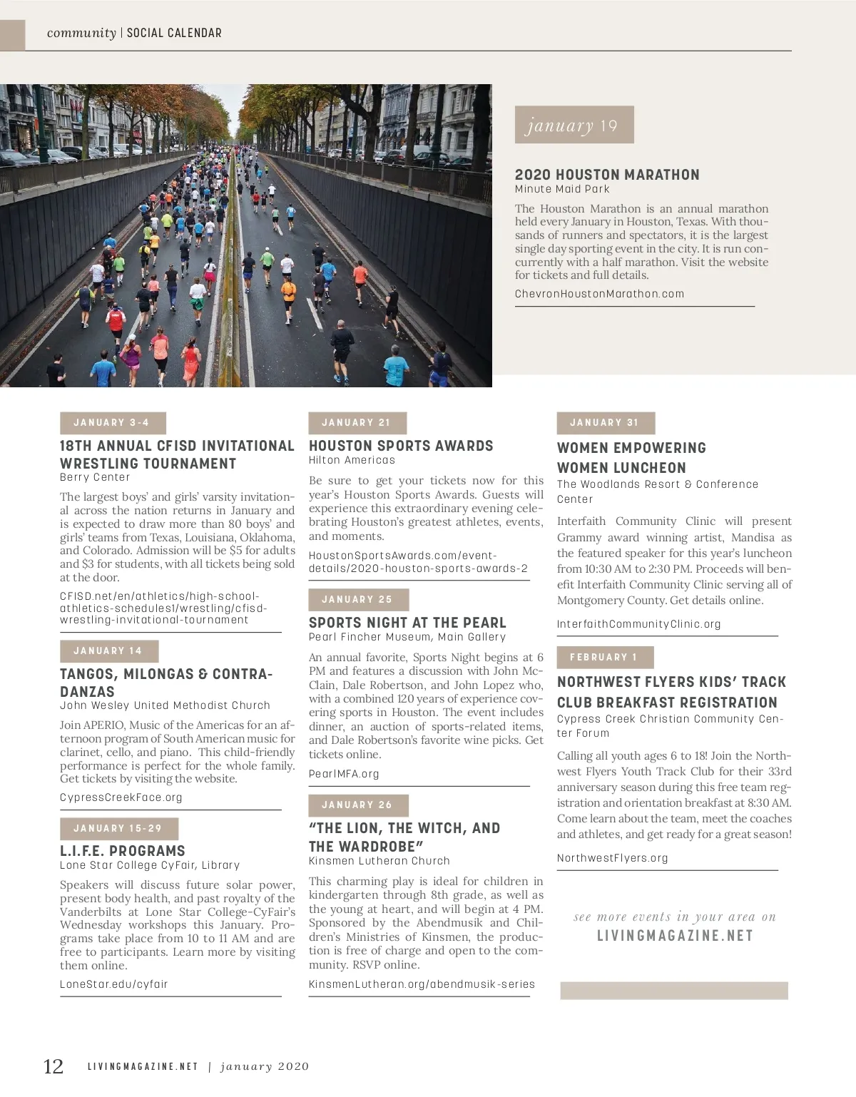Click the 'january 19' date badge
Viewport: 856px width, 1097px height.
(574, 125)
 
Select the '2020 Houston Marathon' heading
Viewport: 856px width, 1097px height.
(607, 175)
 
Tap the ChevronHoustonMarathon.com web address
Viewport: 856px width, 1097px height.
(599, 294)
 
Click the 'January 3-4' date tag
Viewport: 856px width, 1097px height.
(113, 423)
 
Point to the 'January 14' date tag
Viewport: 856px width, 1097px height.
(108, 651)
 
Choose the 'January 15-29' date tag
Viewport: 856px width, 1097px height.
(118, 829)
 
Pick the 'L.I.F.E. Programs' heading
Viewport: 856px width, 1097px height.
(123, 851)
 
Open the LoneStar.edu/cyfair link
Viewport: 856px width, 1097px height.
(114, 984)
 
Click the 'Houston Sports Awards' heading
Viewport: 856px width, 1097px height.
(401, 446)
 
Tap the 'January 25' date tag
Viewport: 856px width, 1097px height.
(357, 600)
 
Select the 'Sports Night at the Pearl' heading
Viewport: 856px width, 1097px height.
(407, 623)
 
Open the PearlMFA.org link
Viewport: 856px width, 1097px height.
(344, 774)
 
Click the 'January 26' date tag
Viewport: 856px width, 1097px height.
(357, 805)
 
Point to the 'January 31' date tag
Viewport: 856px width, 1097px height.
(605, 423)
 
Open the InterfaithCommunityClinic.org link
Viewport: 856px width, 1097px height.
(639, 624)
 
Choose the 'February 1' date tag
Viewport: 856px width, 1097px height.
(604, 658)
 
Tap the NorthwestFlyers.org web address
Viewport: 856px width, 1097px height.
(613, 858)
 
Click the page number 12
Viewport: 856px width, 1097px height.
(53, 1066)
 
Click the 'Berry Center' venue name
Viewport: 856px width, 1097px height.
(95, 477)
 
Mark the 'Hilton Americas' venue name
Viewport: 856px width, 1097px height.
(352, 460)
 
